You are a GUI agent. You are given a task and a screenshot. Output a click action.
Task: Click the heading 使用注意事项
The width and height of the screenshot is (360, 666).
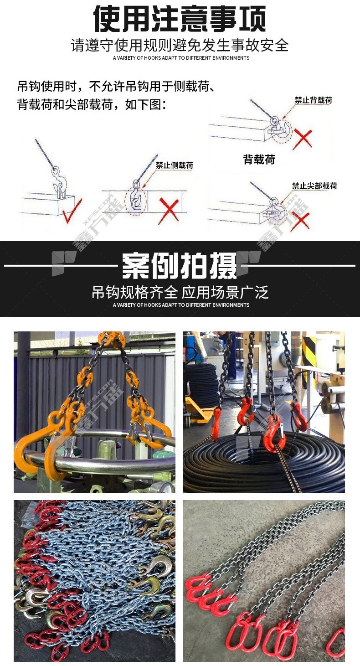pos(180,19)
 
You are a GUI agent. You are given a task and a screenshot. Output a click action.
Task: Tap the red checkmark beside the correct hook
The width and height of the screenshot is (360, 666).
pos(72,211)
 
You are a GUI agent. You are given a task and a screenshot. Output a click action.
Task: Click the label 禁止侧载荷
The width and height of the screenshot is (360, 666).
pos(175,165)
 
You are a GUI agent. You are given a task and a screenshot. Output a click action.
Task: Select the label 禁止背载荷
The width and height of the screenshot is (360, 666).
pos(314,100)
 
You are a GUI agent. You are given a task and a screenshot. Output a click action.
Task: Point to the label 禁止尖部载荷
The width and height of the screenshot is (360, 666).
pos(314,186)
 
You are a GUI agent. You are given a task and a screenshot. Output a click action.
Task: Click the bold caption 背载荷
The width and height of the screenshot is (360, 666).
pos(259,160)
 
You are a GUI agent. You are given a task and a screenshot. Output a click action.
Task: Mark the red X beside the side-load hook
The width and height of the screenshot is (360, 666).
pos(169,212)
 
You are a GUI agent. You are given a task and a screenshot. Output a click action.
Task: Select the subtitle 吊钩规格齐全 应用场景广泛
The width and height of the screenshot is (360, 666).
pos(180,292)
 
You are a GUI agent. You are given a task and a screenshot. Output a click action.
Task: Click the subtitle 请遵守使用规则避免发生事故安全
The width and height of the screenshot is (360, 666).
pos(180,45)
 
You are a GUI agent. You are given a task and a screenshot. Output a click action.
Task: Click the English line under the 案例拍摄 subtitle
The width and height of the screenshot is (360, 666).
pos(181,305)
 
